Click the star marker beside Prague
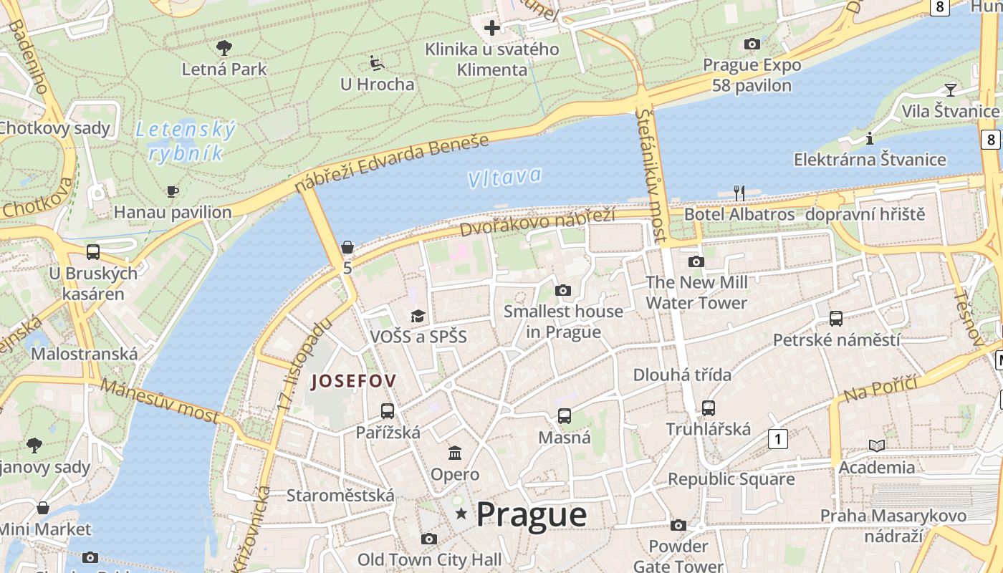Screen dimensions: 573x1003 pyautogui.click(x=461, y=514)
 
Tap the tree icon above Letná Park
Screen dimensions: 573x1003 pyautogui.click(x=224, y=48)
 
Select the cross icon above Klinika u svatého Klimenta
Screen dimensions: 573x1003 pyautogui.click(x=491, y=28)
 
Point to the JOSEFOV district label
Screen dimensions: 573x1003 pyautogui.click(x=353, y=381)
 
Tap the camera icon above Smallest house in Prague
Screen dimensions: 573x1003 pyautogui.click(x=563, y=290)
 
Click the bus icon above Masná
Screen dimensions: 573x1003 pyautogui.click(x=565, y=415)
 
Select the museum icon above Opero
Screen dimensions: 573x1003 pyautogui.click(x=455, y=453)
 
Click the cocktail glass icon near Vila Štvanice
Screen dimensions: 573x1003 pyautogui.click(x=950, y=90)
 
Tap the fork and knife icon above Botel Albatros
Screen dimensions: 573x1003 pyautogui.click(x=739, y=193)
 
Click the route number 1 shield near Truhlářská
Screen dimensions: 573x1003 pyautogui.click(x=777, y=438)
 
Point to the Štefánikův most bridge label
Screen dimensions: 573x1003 pyautogui.click(x=651, y=175)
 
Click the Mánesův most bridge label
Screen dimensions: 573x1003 pyautogui.click(x=159, y=400)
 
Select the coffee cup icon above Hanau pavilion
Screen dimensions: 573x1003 pyautogui.click(x=172, y=191)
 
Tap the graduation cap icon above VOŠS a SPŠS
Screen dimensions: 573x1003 pyautogui.click(x=418, y=316)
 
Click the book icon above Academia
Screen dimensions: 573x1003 pyautogui.click(x=877, y=446)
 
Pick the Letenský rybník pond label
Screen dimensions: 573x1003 pyautogui.click(x=186, y=141)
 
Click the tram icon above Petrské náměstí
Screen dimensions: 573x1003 pyautogui.click(x=835, y=318)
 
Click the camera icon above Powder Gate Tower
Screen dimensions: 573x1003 pyautogui.click(x=678, y=525)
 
